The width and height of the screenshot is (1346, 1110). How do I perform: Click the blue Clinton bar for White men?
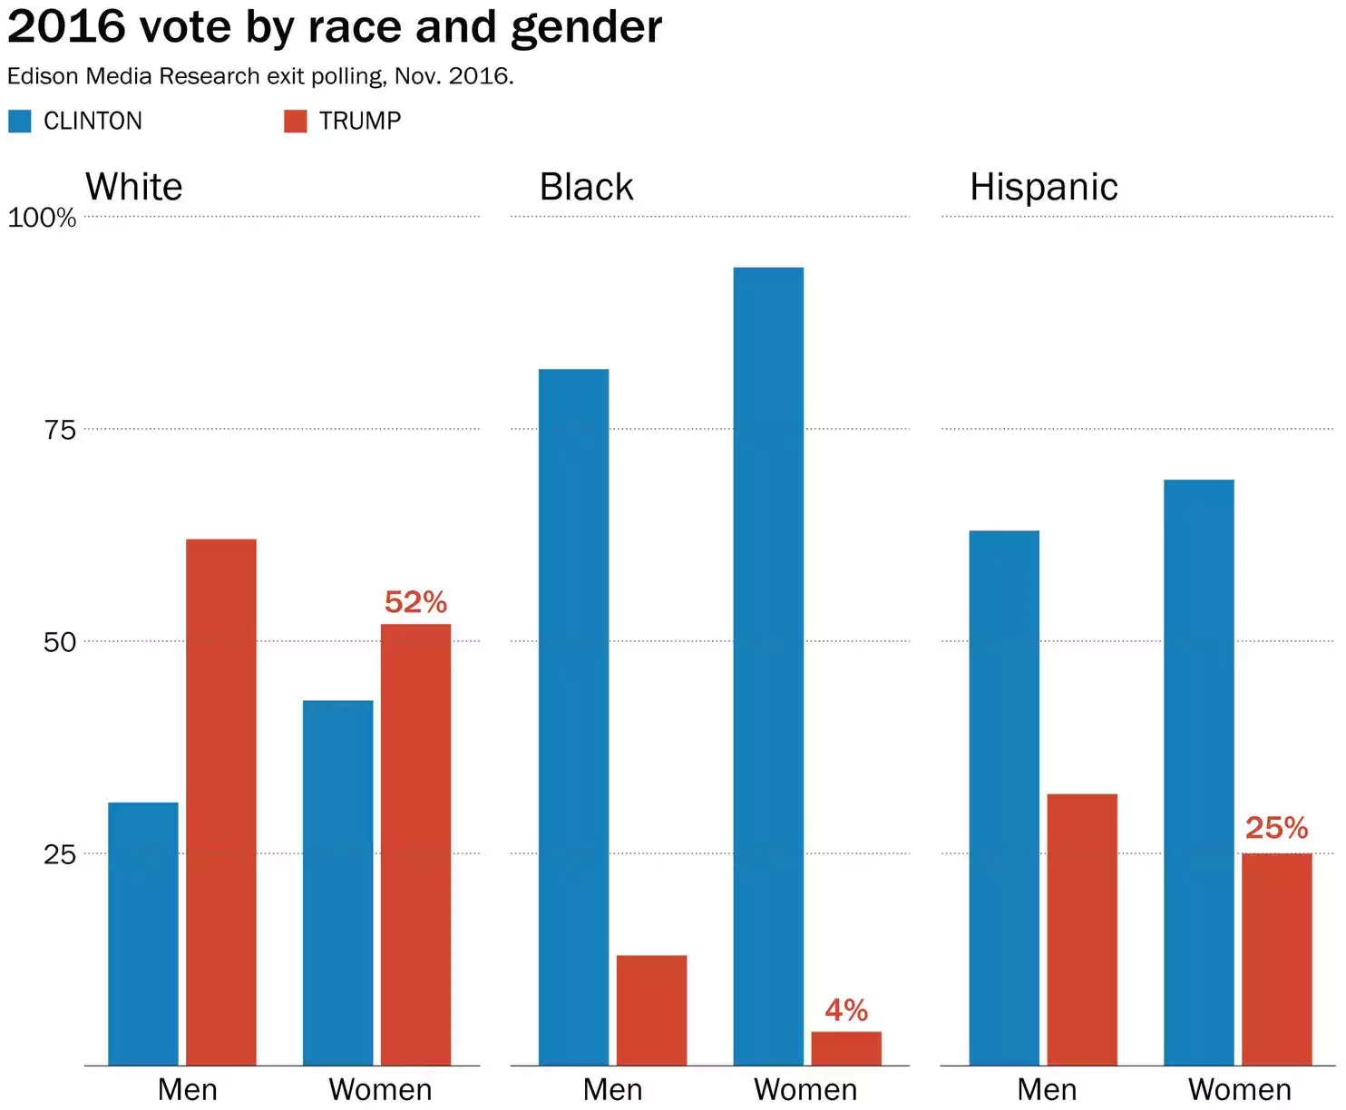pyautogui.click(x=143, y=934)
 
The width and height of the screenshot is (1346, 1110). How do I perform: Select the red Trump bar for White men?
pyautogui.click(x=221, y=803)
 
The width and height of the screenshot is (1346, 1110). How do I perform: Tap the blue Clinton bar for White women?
pyautogui.click(x=337, y=883)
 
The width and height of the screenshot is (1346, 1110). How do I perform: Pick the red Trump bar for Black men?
pyautogui.click(x=651, y=1010)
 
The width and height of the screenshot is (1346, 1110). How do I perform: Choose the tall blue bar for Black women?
pyautogui.click(x=768, y=667)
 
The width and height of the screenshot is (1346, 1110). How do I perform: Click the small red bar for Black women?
pyautogui.click(x=846, y=1048)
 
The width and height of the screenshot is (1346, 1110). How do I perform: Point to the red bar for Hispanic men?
pyautogui.click(x=1082, y=930)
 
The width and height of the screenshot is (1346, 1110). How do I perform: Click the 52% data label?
pyautogui.click(x=415, y=602)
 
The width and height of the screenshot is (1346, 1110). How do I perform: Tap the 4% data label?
pyautogui.click(x=846, y=1010)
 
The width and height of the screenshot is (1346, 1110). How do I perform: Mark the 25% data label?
pyautogui.click(x=1276, y=828)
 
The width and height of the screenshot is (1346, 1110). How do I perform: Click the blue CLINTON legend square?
pyautogui.click(x=19, y=121)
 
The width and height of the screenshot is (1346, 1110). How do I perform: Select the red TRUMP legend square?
pyautogui.click(x=296, y=121)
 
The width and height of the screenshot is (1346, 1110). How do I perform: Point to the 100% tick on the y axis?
pyautogui.click(x=42, y=218)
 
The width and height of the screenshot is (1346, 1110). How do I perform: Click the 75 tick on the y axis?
pyautogui.click(x=60, y=430)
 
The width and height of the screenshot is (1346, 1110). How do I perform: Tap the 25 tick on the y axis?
pyautogui.click(x=60, y=854)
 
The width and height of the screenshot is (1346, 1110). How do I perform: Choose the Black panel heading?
pyautogui.click(x=586, y=187)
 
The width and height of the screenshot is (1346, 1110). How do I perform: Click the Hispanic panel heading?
pyautogui.click(x=1044, y=187)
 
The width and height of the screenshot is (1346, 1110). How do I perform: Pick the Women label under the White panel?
pyautogui.click(x=380, y=1089)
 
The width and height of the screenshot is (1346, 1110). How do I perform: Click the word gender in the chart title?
pyautogui.click(x=586, y=27)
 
